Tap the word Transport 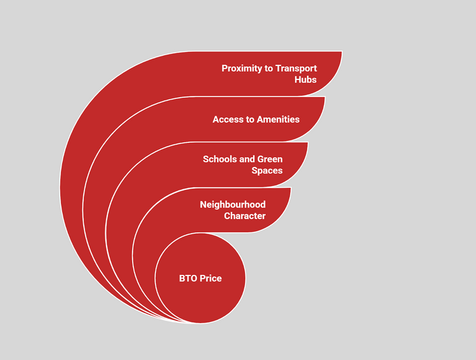pos(296,69)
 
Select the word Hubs pos(305,80)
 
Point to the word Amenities pos(278,119)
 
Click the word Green pos(270,159)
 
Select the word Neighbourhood pos(232,204)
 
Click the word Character pos(244,216)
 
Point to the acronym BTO pos(188,279)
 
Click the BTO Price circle pos(201,298)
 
